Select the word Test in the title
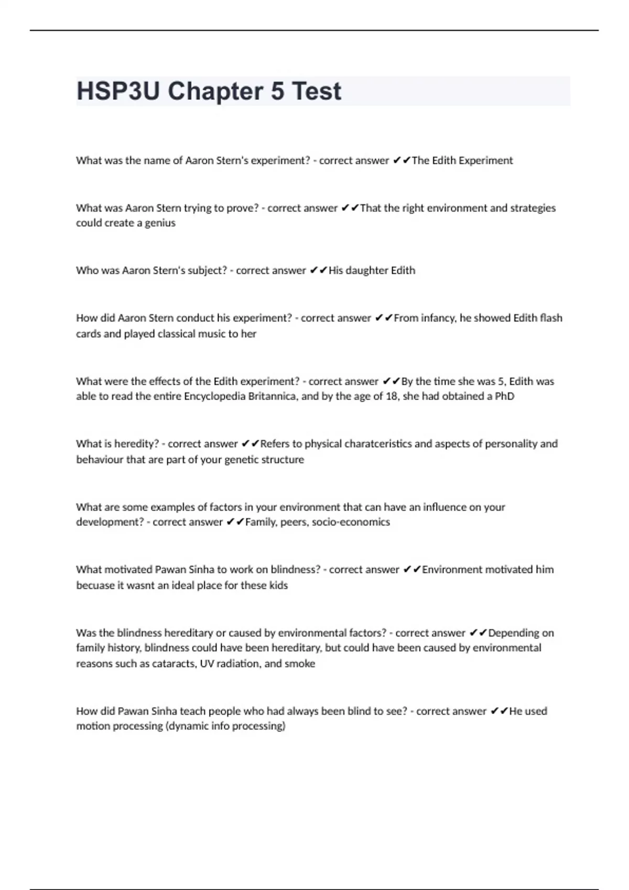coord(316,91)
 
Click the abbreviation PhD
coord(504,396)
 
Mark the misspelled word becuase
coord(95,585)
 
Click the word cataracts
coord(174,664)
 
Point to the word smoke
coord(300,664)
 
